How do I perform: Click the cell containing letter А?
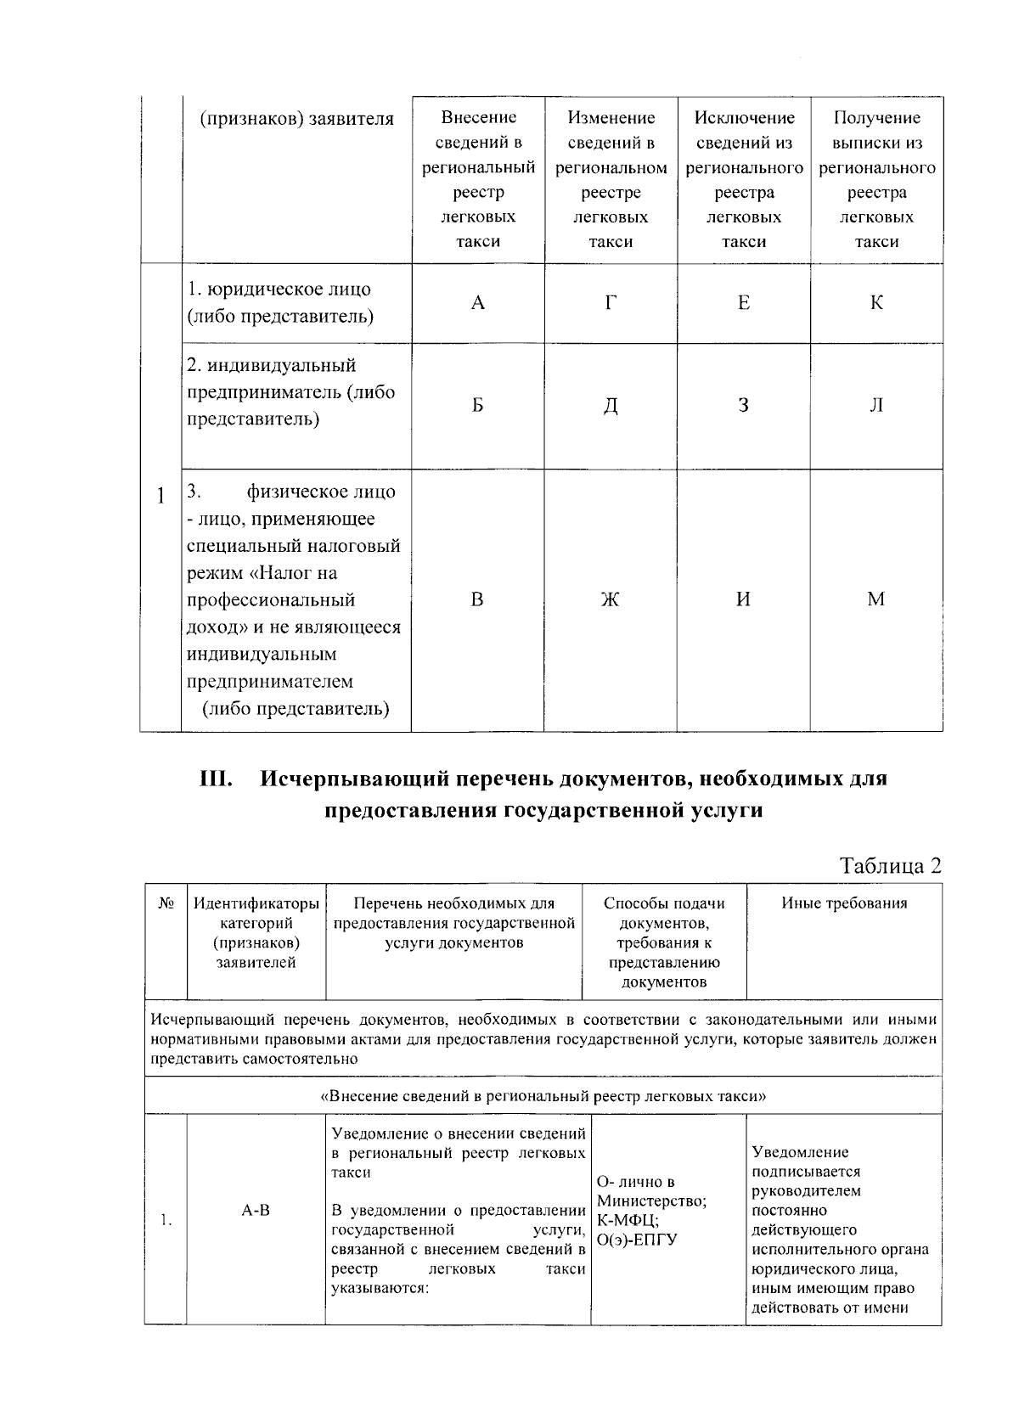coord(478,303)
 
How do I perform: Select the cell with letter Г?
coord(611,303)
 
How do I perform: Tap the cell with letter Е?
coord(744,303)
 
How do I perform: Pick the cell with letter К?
coord(876,303)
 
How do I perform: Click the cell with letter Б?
coord(478,406)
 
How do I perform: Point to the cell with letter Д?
coord(611,406)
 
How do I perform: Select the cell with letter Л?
coord(876,406)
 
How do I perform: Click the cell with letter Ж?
coord(611,600)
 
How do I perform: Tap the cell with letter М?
coord(876,600)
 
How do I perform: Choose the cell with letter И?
coord(744,600)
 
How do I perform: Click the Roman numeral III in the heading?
coord(217,779)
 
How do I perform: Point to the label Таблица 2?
coord(890,865)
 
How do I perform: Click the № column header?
coord(166,903)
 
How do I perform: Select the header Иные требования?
coord(844,903)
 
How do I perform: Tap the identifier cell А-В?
coord(256,1210)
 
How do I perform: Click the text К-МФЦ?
coord(628,1220)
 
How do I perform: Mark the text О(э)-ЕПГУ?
coord(637,1240)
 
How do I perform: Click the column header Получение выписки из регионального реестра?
coord(876,179)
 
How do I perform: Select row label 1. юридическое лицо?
coord(279,302)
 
